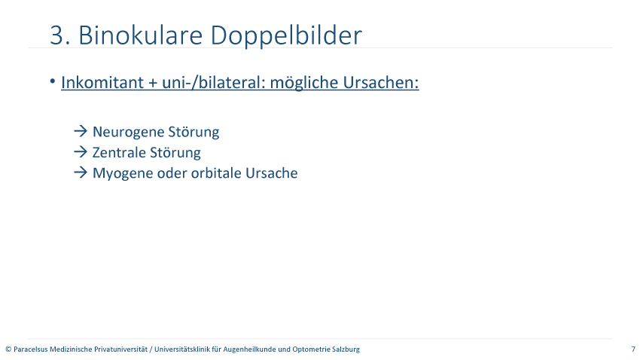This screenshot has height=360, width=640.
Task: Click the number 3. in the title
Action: point(60,35)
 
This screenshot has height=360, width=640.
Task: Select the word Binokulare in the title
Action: point(140,35)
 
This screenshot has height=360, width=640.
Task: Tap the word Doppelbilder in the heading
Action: point(286,36)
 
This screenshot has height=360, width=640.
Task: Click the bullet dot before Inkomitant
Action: point(53,81)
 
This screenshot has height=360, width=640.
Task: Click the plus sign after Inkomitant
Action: point(153,83)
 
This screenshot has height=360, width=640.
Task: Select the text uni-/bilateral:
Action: point(214,82)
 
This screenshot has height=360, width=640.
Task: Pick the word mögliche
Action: point(304,83)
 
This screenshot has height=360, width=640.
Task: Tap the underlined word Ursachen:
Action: point(381,82)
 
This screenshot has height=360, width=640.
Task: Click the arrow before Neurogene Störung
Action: point(81,131)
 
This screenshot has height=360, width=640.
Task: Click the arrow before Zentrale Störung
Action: point(81,152)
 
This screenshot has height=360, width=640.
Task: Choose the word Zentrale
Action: point(119,153)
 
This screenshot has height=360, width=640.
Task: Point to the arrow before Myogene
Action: point(81,172)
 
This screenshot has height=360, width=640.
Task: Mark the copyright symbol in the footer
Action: point(8,349)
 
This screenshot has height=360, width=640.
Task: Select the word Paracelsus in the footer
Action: point(31,349)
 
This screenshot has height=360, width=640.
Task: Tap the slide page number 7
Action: point(633,349)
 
